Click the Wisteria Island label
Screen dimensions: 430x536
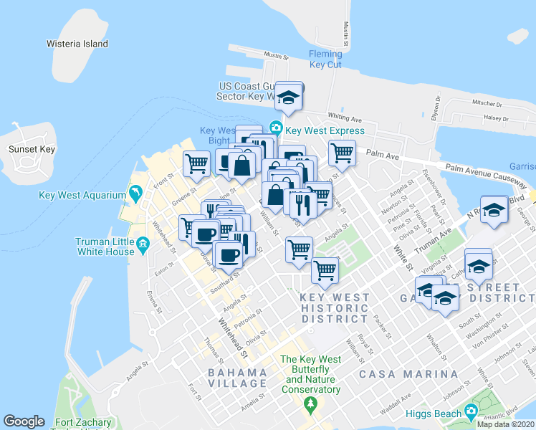tap(77, 44)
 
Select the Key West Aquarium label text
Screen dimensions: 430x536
tap(82, 195)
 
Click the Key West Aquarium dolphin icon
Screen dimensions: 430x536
tap(134, 194)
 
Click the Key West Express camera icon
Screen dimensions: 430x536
tap(275, 128)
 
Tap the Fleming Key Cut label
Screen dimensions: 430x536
tap(325, 59)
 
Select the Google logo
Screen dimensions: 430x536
tap(24, 421)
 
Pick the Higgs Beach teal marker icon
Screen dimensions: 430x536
tap(471, 412)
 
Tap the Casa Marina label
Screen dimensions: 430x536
tap(408, 374)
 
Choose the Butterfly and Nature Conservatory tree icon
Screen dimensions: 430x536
tap(310, 406)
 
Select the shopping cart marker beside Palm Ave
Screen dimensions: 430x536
tap(343, 152)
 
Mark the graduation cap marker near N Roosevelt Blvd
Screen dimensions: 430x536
tap(493, 210)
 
